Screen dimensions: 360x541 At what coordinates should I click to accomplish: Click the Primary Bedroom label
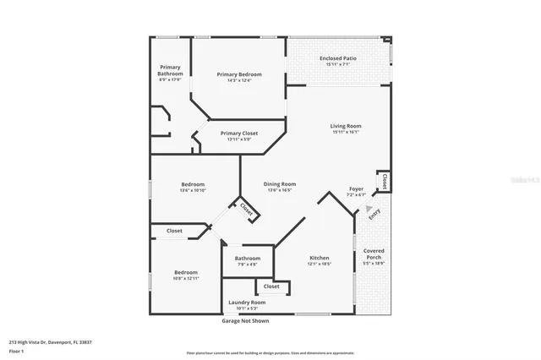[x=239, y=74]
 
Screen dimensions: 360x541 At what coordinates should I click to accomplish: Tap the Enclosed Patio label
[x=337, y=58]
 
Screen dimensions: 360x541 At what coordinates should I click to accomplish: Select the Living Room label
[x=346, y=127]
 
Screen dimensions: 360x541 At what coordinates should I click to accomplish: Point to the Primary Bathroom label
[x=170, y=70]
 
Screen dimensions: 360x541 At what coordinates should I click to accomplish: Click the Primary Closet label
[x=239, y=134]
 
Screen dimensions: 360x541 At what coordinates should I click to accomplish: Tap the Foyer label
[x=357, y=188]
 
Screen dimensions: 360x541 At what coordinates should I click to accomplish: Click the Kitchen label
[x=319, y=258]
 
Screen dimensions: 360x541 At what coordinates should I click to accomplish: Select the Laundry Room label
[x=247, y=302]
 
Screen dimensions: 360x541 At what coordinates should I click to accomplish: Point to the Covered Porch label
[x=374, y=254]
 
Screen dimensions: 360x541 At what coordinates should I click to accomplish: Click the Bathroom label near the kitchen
[x=248, y=258]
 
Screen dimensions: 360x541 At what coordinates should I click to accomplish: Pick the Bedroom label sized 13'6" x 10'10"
[x=193, y=184]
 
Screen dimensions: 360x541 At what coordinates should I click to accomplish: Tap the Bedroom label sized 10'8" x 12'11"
[x=186, y=272]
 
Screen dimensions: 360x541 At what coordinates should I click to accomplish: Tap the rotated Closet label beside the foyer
[x=385, y=180]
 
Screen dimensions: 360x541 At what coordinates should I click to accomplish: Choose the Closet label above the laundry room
[x=270, y=286]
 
